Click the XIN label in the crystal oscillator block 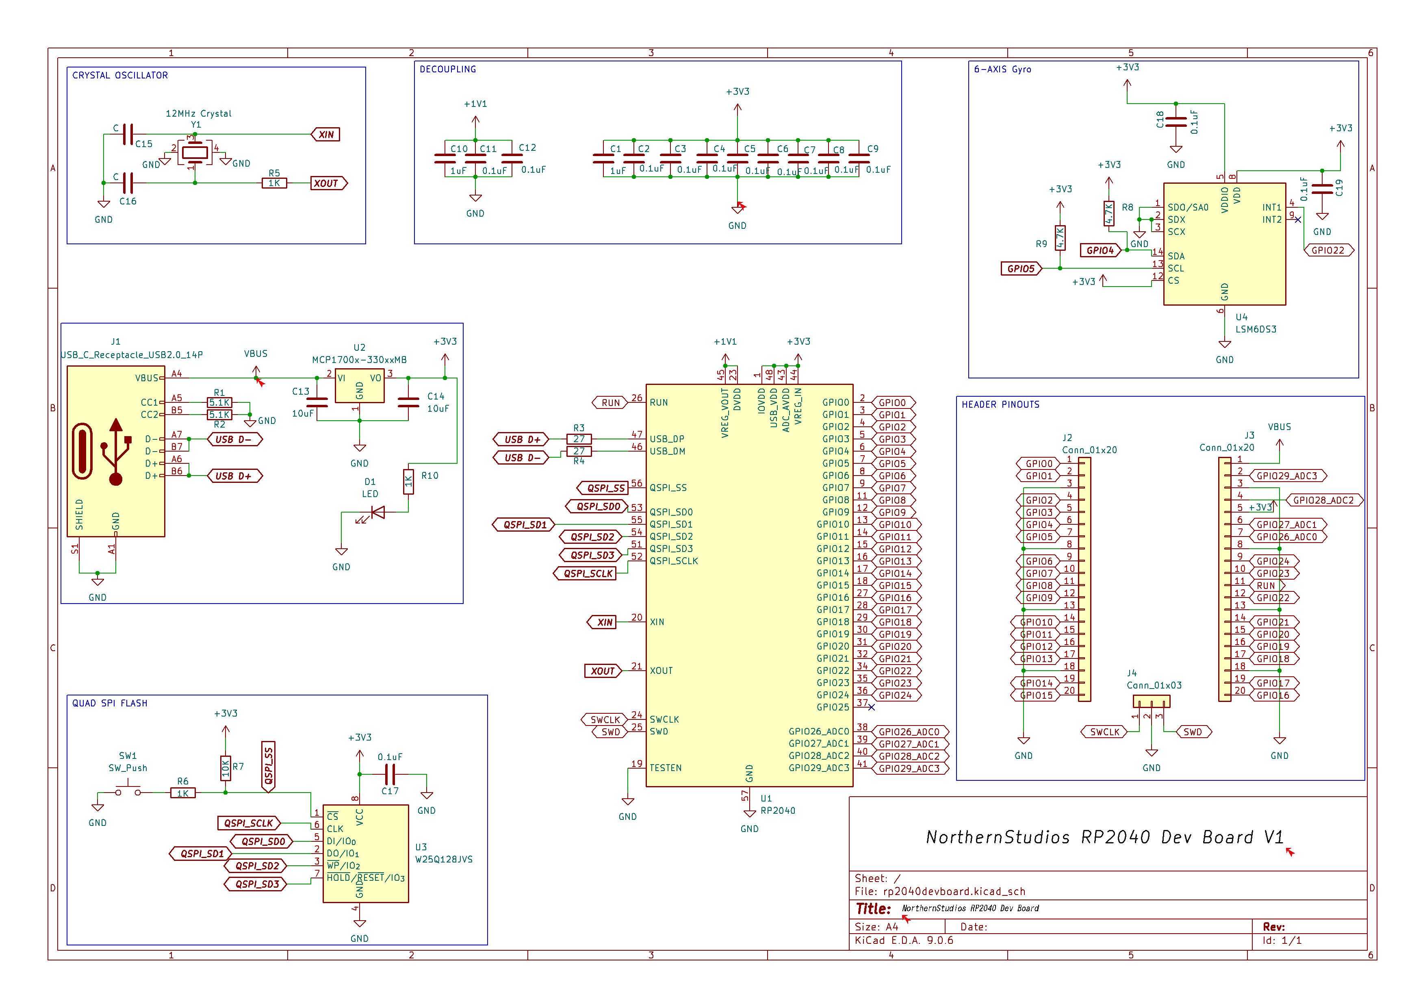(x=326, y=135)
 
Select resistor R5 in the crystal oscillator (x=274, y=183)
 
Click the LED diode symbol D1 (x=377, y=513)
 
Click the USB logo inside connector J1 (x=115, y=451)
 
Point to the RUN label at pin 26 (x=610, y=403)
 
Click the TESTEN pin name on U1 (x=665, y=769)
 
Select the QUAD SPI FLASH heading (x=110, y=703)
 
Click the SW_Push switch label (x=128, y=769)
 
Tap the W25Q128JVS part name (x=444, y=860)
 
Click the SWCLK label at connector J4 (x=1105, y=732)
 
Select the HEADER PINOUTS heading (x=1000, y=405)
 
